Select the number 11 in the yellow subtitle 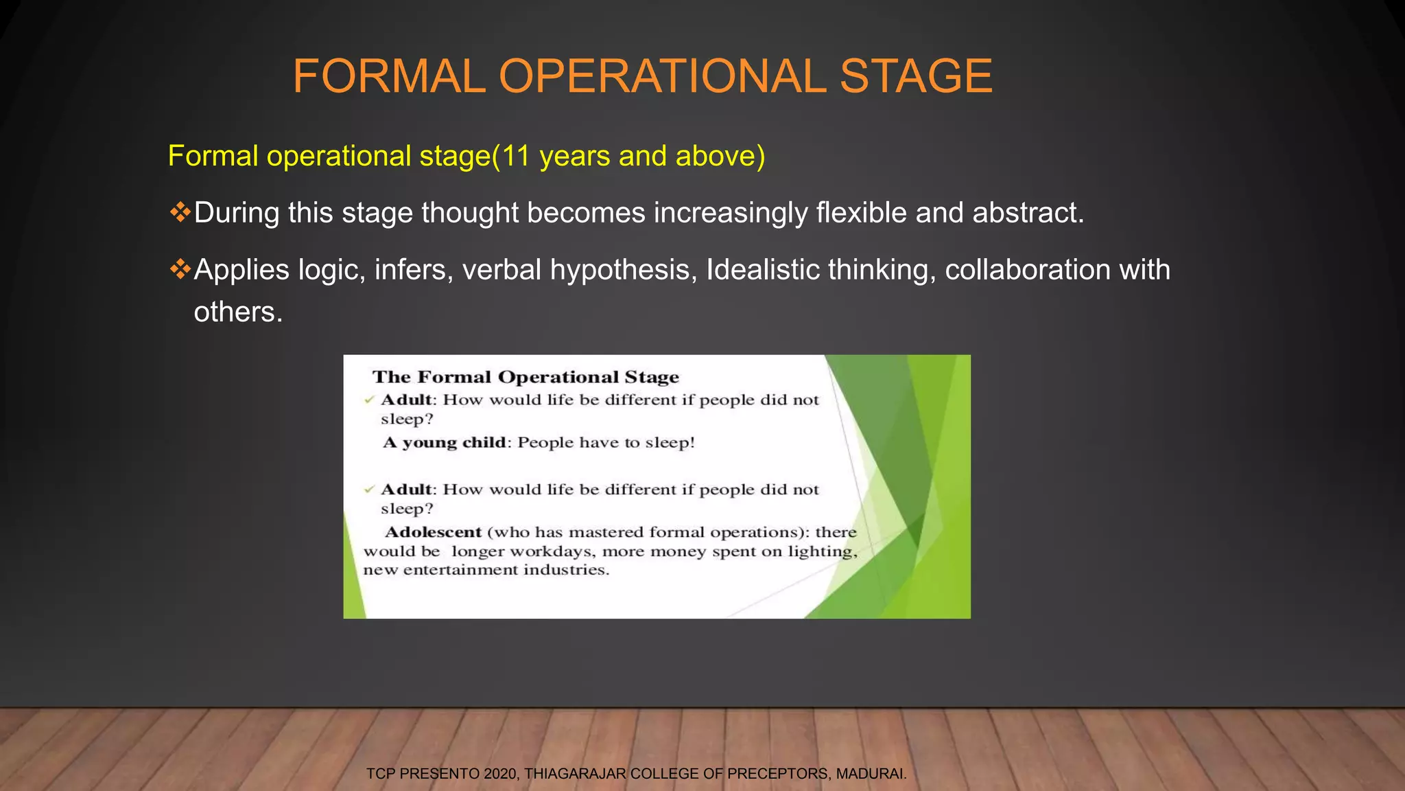click(x=516, y=157)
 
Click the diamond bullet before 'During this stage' click(x=180, y=212)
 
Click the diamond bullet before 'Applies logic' click(x=180, y=269)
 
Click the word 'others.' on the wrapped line click(x=238, y=312)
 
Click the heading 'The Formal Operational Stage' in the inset click(x=526, y=377)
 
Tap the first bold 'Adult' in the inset click(x=407, y=400)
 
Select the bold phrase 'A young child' click(x=445, y=442)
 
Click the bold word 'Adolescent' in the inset click(x=434, y=532)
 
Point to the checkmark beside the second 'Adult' click(x=369, y=490)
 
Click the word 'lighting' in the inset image click(x=822, y=551)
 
